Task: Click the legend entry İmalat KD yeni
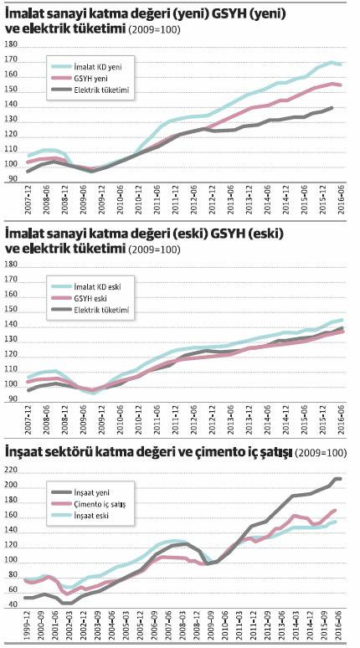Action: [x=100, y=65]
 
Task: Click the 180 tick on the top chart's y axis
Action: [x=12, y=44]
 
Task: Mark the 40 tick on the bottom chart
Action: [x=12, y=604]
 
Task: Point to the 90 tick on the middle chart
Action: [x=12, y=399]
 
